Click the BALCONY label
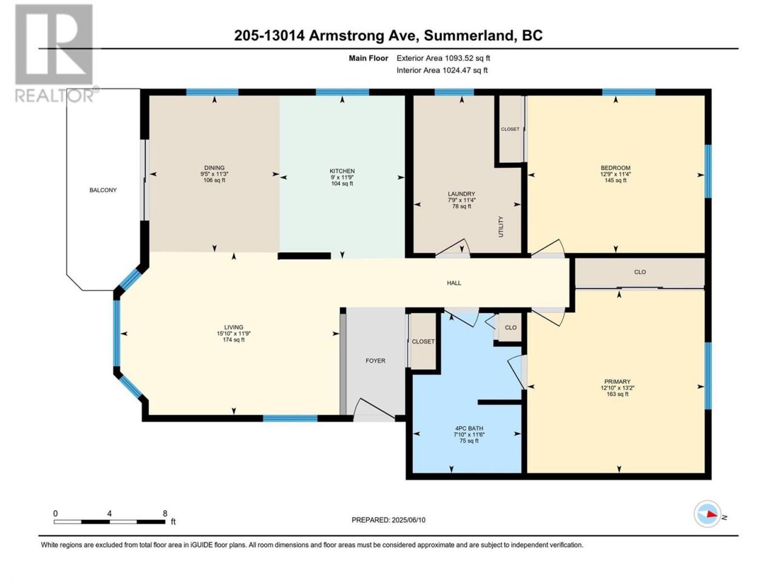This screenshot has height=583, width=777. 103,190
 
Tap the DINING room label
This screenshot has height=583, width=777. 214,168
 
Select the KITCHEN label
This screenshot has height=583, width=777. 342,171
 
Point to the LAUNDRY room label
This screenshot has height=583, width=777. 461,194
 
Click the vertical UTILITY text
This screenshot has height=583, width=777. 501,227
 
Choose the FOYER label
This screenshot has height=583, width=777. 375,361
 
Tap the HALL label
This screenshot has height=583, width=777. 454,283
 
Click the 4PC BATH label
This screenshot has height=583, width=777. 469,428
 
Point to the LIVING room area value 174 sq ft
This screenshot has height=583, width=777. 234,340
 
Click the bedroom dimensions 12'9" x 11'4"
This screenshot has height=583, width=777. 616,174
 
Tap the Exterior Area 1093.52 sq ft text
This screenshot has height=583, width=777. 443,58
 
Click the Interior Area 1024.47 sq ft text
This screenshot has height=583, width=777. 442,70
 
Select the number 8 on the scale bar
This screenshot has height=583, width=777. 165,513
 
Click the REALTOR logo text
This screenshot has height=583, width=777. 55,95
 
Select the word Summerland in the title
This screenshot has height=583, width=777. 469,36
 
